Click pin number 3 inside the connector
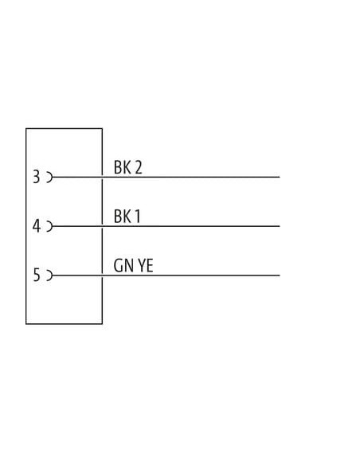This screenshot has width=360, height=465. point(36,177)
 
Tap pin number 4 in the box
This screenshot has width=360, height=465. point(36,226)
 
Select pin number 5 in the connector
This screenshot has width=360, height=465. point(36,275)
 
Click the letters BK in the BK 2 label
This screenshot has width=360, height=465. point(122,167)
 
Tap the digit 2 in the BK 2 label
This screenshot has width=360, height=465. point(139,167)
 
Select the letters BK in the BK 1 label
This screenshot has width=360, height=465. point(122,217)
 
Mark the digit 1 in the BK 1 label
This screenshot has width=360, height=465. point(137,217)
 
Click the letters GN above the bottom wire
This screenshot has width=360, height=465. point(123,265)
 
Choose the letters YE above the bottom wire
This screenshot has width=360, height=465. point(146,265)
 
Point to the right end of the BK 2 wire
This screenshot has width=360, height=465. point(280,178)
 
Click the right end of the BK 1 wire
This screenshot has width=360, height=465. point(280,226)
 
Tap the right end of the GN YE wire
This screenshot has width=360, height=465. point(280,275)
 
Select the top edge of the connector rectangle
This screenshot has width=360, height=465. point(64,128)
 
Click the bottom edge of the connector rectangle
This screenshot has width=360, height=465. point(64,324)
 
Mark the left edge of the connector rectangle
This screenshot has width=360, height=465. point(26,226)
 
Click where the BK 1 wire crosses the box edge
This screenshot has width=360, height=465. point(102,226)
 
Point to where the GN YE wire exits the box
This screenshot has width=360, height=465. point(102,275)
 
